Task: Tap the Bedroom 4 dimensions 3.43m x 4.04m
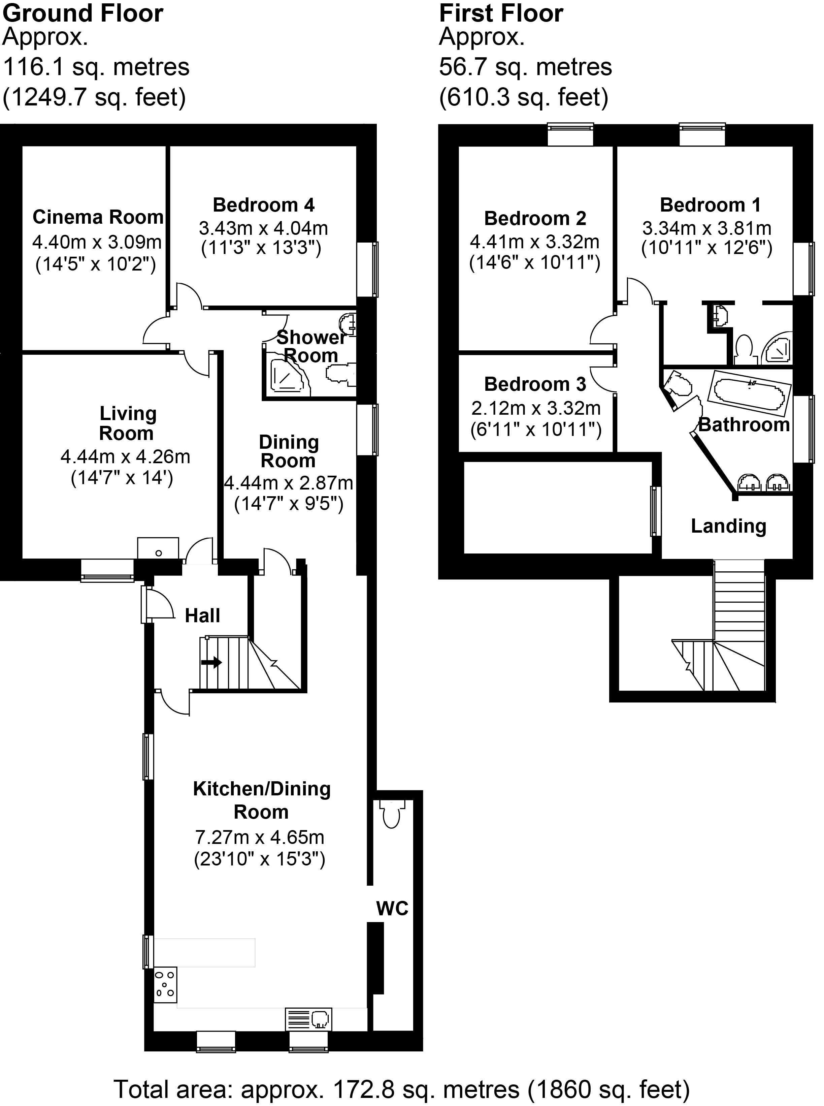pos(263,228)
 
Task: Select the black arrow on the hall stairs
pos(211,663)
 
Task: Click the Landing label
pos(728,526)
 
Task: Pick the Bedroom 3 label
pos(535,384)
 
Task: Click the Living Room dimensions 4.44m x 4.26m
pos(125,457)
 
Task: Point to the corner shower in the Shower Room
pos(285,374)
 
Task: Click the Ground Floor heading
pos(83,13)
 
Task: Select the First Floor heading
pos(501,13)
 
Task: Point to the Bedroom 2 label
pos(535,219)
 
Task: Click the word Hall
pos(202,615)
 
